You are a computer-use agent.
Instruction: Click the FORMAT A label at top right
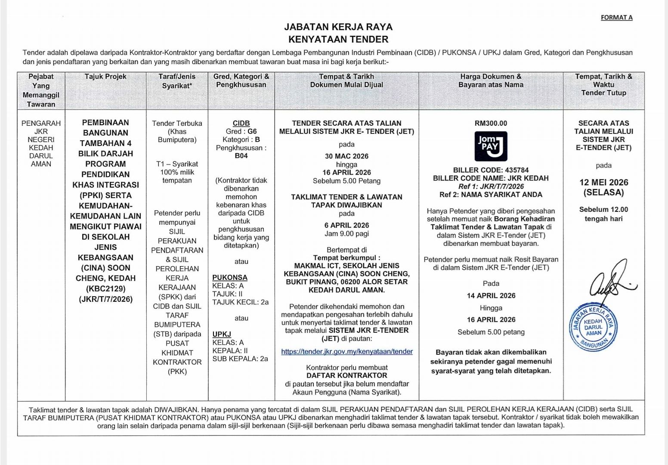pyautogui.click(x=616, y=18)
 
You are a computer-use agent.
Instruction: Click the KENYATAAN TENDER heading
pyautogui.click(x=338, y=39)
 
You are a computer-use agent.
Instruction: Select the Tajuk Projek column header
pyautogui.click(x=105, y=77)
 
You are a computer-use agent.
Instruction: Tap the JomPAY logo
pyautogui.click(x=491, y=146)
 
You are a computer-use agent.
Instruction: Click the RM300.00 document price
pyautogui.click(x=491, y=123)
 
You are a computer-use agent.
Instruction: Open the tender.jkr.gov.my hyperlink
pyautogui.click(x=346, y=351)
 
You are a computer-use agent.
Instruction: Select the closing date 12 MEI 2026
pyautogui.click(x=603, y=183)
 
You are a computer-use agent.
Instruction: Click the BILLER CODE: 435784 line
pyautogui.click(x=491, y=170)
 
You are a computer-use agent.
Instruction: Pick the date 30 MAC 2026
pyautogui.click(x=346, y=156)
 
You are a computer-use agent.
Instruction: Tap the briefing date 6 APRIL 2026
pyautogui.click(x=346, y=225)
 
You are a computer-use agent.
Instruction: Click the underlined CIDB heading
pyautogui.click(x=241, y=123)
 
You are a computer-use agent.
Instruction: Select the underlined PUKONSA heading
pyautogui.click(x=230, y=278)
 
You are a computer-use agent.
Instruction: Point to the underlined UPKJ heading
pyautogui.click(x=222, y=334)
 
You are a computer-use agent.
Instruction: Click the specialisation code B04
pyautogui.click(x=241, y=156)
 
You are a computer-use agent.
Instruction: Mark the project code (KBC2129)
pyautogui.click(x=105, y=288)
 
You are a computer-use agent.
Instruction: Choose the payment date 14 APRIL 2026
pyautogui.click(x=491, y=296)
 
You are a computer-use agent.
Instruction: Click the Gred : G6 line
pyautogui.click(x=241, y=131)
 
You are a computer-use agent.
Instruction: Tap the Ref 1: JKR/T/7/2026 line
pyautogui.click(x=491, y=186)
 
